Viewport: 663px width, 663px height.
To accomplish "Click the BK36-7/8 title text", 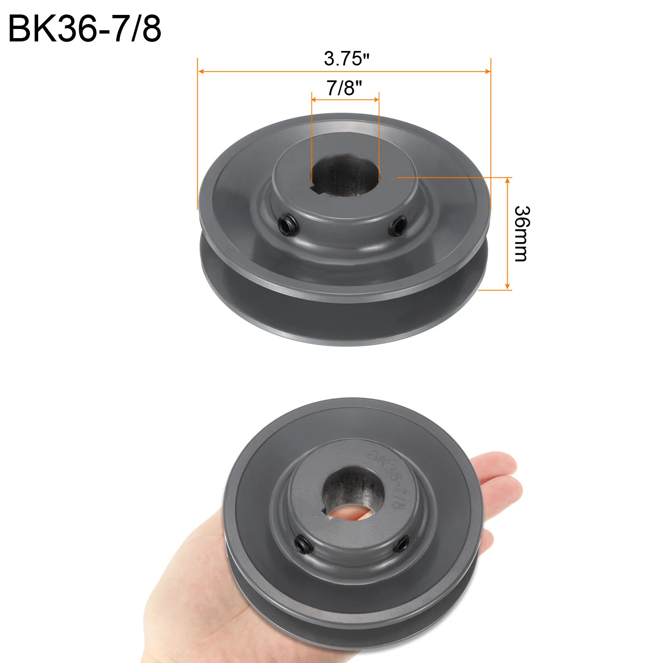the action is pyautogui.click(x=85, y=29).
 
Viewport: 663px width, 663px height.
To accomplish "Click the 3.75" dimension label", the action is pyautogui.click(x=346, y=58).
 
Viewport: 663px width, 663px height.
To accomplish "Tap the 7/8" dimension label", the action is pyautogui.click(x=344, y=88).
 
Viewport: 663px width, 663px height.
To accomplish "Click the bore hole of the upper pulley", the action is pyautogui.click(x=345, y=175).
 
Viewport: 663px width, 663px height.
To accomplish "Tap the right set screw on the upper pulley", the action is pyautogui.click(x=397, y=226).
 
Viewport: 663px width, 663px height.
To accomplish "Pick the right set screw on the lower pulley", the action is pyautogui.click(x=400, y=544).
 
